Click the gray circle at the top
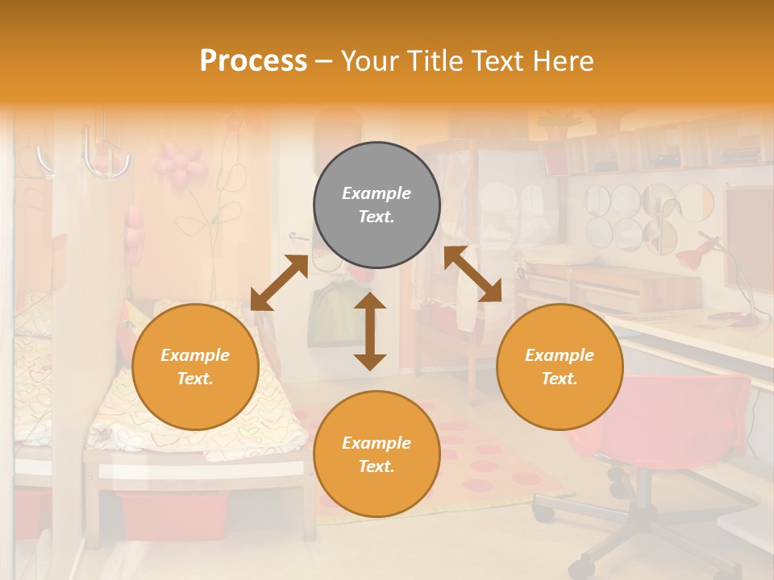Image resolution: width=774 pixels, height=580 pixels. [377, 205]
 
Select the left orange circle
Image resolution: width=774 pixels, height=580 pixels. [195, 367]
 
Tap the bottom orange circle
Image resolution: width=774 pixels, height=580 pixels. [377, 454]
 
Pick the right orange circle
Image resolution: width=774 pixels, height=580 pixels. [559, 367]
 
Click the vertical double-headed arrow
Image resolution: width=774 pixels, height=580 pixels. [370, 331]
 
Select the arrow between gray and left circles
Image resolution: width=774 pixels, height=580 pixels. [279, 283]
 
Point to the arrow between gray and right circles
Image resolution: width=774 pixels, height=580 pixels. [472, 274]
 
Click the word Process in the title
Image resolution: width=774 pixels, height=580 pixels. [253, 60]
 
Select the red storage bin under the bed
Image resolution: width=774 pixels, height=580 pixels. [173, 515]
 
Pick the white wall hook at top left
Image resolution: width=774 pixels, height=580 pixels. [105, 157]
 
